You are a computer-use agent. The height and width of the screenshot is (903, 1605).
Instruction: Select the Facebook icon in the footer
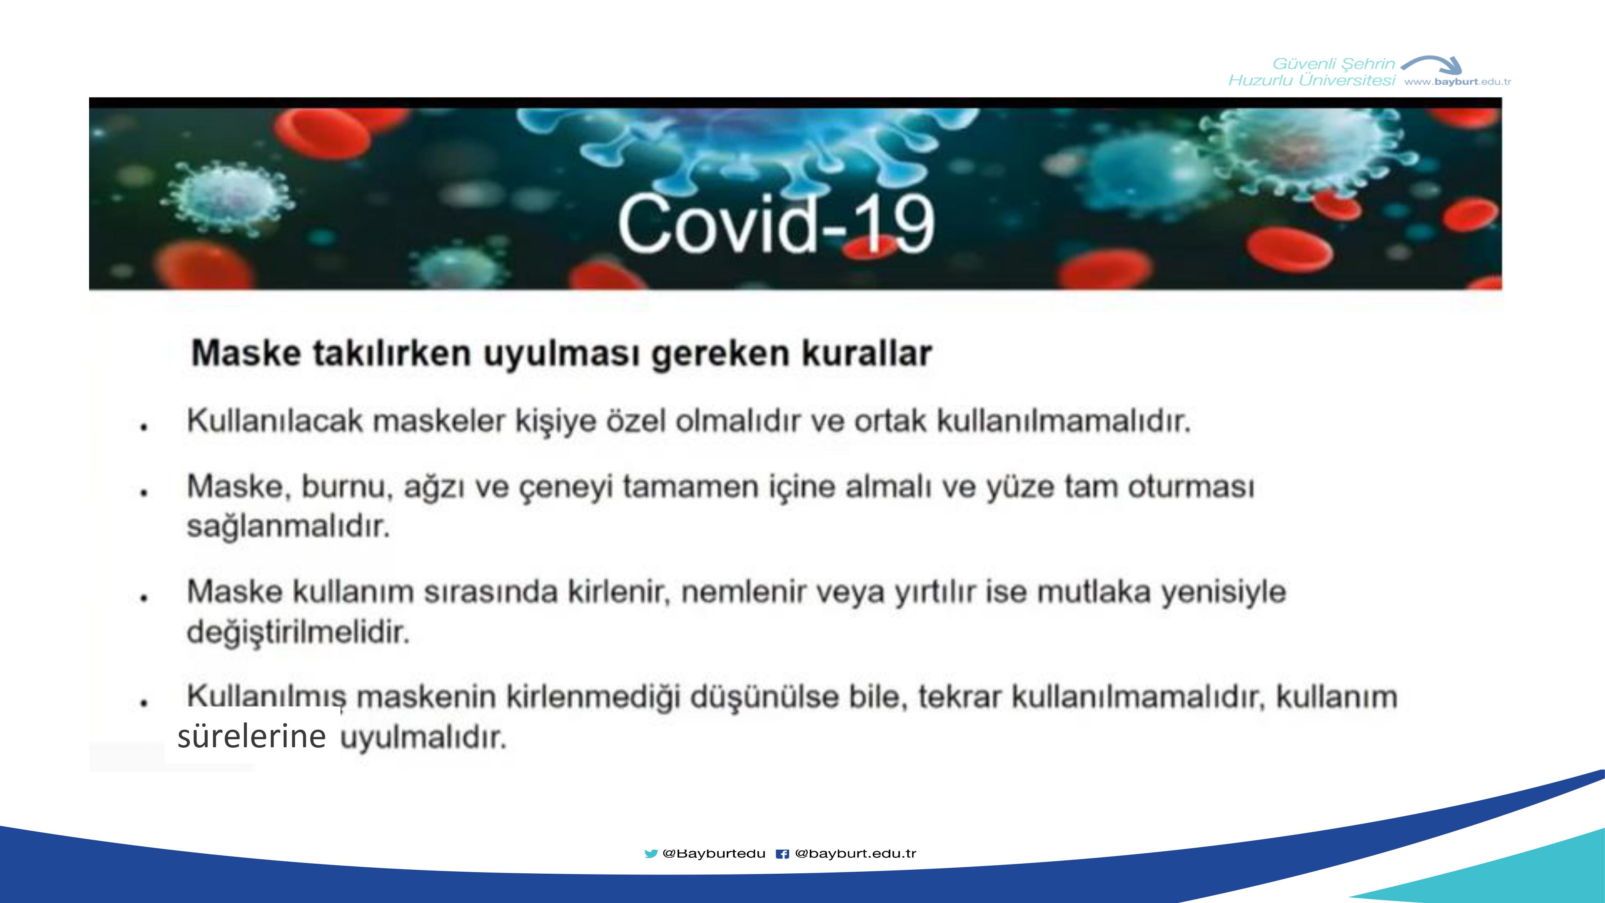(782, 854)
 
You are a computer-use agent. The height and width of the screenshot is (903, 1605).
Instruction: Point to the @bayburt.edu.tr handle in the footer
(855, 853)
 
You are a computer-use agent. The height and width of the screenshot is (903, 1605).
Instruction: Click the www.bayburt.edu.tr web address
(1457, 81)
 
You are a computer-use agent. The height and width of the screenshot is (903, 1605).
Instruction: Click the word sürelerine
(252, 736)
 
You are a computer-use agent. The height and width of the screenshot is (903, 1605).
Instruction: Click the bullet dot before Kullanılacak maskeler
(144, 427)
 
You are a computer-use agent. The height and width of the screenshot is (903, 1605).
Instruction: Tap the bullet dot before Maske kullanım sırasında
(144, 598)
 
